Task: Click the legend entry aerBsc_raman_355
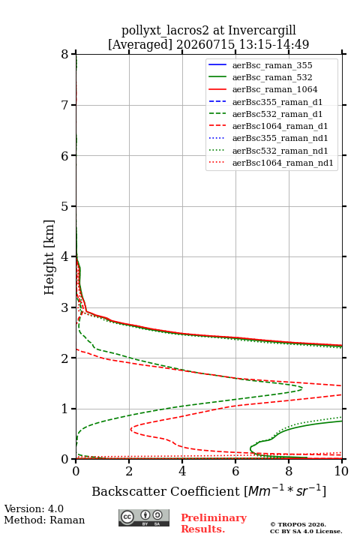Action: click(x=272, y=65)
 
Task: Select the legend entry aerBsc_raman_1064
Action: click(x=275, y=89)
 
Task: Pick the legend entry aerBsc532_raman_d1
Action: click(x=277, y=114)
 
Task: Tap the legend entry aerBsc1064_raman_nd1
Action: click(x=283, y=163)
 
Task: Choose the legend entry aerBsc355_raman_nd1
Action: click(x=280, y=139)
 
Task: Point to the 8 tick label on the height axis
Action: click(x=65, y=55)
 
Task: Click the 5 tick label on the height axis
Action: click(x=65, y=206)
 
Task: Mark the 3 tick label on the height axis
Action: click(x=65, y=307)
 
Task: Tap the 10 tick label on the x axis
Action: click(x=341, y=471)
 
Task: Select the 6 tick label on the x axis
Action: click(x=235, y=471)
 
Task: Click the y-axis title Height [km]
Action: click(x=49, y=257)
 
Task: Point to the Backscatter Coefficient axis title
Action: click(x=208, y=491)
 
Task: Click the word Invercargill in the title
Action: click(x=262, y=31)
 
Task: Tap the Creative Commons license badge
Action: click(x=144, y=518)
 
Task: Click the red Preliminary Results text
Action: click(x=214, y=523)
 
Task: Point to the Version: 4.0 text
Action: click(x=34, y=509)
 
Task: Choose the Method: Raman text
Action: click(x=44, y=520)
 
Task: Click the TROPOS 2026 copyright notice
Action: click(x=298, y=524)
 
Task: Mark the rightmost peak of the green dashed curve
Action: click(x=302, y=388)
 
